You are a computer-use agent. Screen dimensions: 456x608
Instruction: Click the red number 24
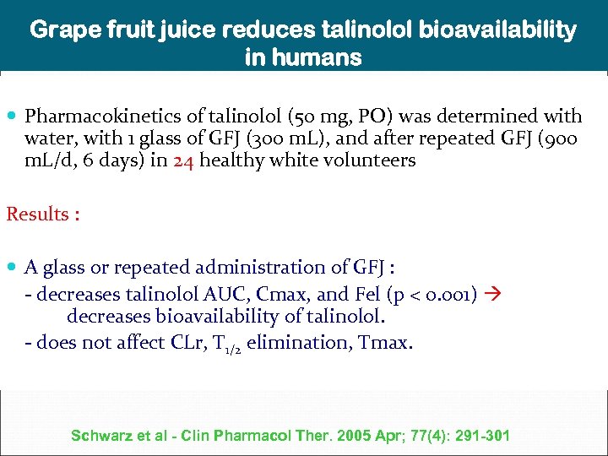(184, 160)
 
